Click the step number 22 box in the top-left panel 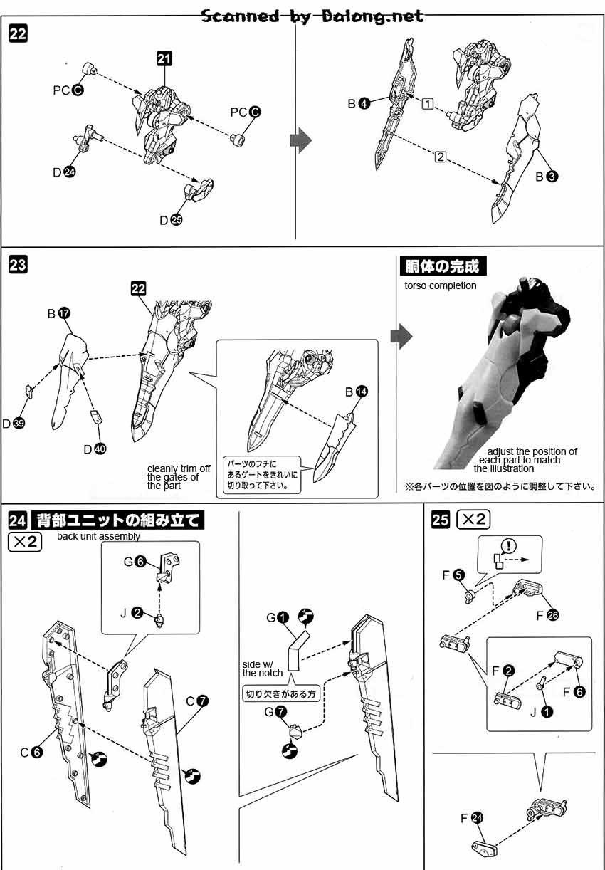pyautogui.click(x=18, y=33)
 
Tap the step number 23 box pyautogui.click(x=18, y=266)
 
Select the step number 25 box pyautogui.click(x=441, y=520)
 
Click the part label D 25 pyautogui.click(x=171, y=220)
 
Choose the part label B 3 pyautogui.click(x=547, y=176)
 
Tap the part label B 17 pyautogui.click(x=58, y=313)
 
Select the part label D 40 pyautogui.click(x=93, y=449)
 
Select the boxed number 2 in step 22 pyautogui.click(x=440, y=158)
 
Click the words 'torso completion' pyautogui.click(x=440, y=285)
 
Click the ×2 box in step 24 pyautogui.click(x=26, y=542)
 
